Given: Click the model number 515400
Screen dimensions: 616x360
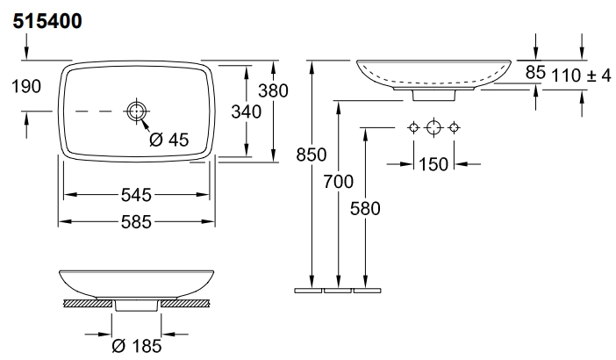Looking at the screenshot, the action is [x=47, y=21].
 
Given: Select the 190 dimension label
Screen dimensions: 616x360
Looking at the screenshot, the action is [x=26, y=86].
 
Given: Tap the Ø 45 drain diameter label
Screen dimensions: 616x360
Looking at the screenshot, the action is [x=169, y=140].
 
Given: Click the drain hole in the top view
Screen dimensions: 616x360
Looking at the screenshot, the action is [x=136, y=112].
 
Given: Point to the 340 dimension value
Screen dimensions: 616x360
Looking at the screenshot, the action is [x=247, y=112].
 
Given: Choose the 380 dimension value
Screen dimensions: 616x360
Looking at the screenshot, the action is [x=273, y=90].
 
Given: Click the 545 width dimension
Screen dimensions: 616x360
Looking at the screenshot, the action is [x=136, y=195].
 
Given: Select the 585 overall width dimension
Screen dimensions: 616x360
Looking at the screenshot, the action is [x=136, y=222].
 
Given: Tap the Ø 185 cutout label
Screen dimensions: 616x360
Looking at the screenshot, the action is [x=137, y=346].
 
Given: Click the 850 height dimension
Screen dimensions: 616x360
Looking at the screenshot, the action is [x=312, y=155].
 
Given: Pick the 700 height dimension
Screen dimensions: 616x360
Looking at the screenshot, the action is [x=338, y=182].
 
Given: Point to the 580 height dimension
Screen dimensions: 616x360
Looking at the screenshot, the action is [x=365, y=209].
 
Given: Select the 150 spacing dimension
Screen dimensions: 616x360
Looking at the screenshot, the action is [x=433, y=164].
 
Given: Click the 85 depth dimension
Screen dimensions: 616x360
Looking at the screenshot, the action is [x=535, y=72].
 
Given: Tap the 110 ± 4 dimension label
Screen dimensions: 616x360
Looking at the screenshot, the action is [x=582, y=75].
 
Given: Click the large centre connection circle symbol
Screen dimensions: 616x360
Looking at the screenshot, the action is [x=433, y=127].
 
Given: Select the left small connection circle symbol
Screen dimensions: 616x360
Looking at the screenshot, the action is [x=413, y=127].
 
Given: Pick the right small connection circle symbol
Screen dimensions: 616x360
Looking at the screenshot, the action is [x=454, y=127].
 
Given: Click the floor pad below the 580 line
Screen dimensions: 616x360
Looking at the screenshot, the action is [x=367, y=291].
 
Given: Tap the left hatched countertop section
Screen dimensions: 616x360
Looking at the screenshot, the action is [x=88, y=303].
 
